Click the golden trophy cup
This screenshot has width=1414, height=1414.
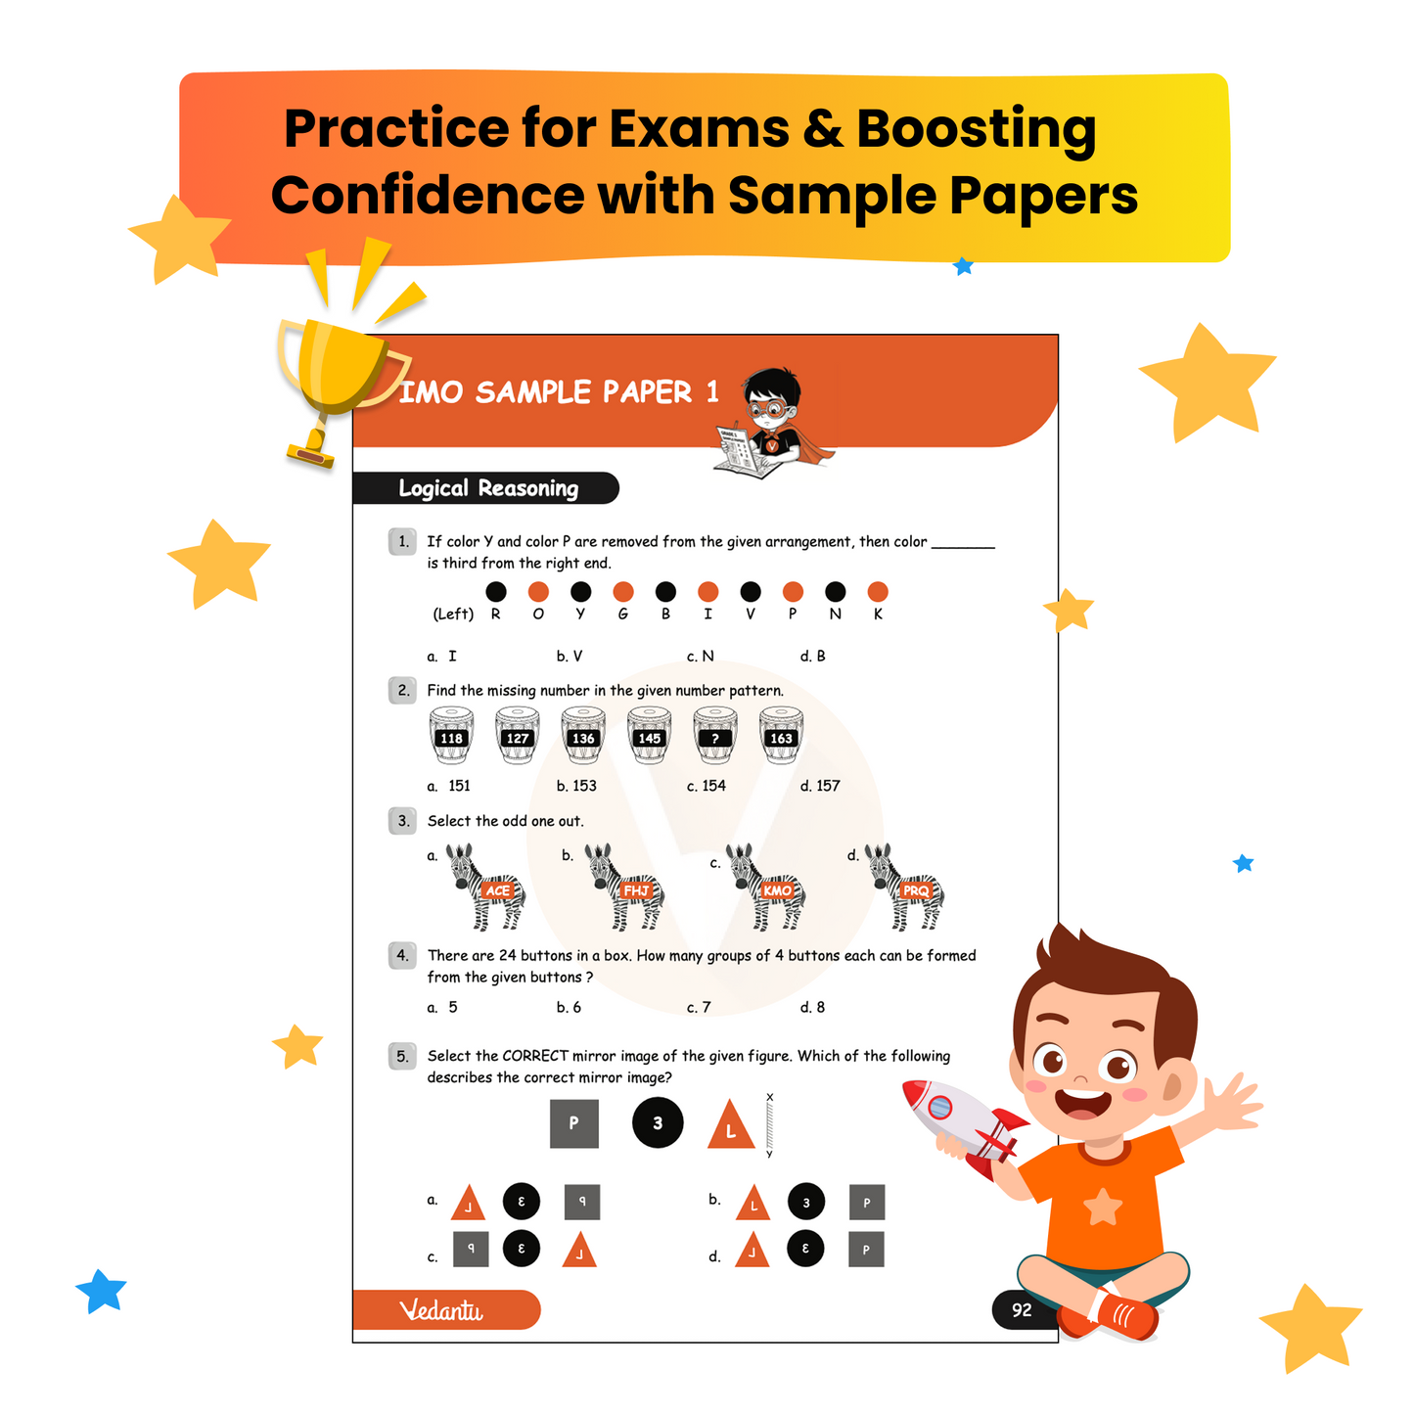click(x=338, y=372)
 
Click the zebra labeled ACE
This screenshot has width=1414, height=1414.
click(x=486, y=887)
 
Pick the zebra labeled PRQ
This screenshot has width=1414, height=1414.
click(x=905, y=887)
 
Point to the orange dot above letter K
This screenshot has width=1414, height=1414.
click(x=878, y=591)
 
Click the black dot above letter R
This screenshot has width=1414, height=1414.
click(x=496, y=591)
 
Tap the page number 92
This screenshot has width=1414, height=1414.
click(x=1022, y=1310)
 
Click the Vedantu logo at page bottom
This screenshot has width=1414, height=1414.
click(x=442, y=1310)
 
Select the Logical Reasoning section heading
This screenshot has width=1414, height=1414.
click(x=487, y=488)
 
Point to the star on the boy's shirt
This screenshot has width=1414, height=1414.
click(x=1103, y=1207)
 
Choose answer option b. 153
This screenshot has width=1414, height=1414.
click(x=576, y=786)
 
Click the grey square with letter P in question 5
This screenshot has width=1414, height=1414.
click(x=573, y=1123)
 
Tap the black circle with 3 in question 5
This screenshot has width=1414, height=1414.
click(x=658, y=1123)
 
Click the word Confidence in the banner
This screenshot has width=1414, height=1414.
click(x=428, y=195)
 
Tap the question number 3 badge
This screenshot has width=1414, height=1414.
click(x=403, y=821)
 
